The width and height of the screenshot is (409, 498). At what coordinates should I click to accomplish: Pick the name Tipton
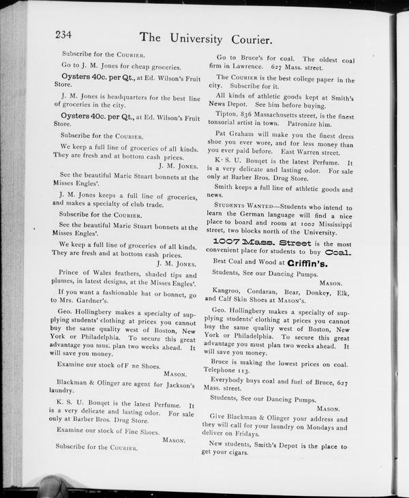click(x=226, y=114)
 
